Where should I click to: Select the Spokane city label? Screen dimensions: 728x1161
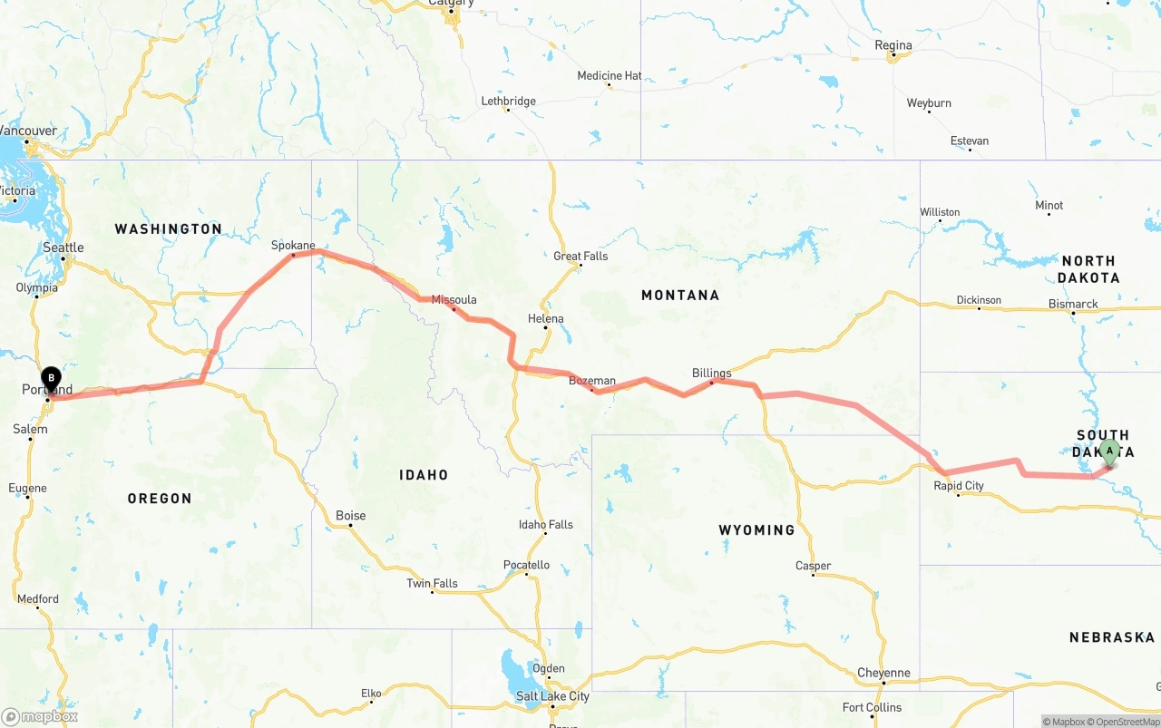click(x=293, y=245)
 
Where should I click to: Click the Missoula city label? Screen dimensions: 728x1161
click(x=454, y=299)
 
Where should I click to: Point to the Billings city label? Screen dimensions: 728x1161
click(x=711, y=373)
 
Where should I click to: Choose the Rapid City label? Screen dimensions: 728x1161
click(x=959, y=486)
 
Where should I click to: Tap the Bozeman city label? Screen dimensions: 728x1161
click(x=591, y=381)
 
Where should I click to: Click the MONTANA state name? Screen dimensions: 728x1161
click(x=679, y=295)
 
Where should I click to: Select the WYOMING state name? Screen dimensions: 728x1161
click(x=756, y=529)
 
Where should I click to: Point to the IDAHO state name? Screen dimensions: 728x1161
click(x=424, y=474)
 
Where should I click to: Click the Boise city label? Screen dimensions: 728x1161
click(x=350, y=515)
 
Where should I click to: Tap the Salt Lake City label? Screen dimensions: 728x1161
click(x=552, y=696)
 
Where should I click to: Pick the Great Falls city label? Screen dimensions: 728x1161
click(x=580, y=256)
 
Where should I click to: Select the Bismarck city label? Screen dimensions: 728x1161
click(x=1073, y=304)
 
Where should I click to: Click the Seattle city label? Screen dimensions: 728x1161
click(x=63, y=248)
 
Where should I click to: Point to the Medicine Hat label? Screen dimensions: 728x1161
click(x=609, y=75)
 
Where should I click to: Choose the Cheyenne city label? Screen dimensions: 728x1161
click(x=883, y=673)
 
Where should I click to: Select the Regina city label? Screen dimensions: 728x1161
click(x=893, y=45)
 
